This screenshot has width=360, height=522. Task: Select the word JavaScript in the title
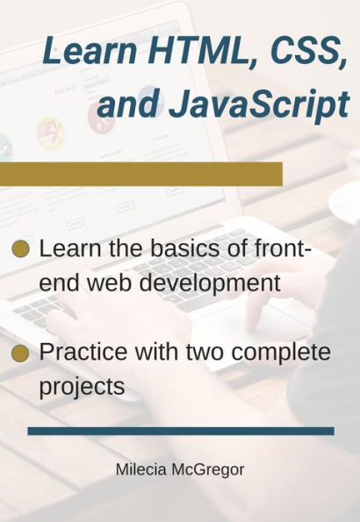258,104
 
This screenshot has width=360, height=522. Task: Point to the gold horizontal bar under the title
140,174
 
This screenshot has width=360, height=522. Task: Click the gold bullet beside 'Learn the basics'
21,248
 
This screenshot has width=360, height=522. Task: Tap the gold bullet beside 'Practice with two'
21,354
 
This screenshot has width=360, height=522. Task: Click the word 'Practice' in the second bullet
83,354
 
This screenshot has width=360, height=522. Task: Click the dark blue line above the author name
180,431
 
